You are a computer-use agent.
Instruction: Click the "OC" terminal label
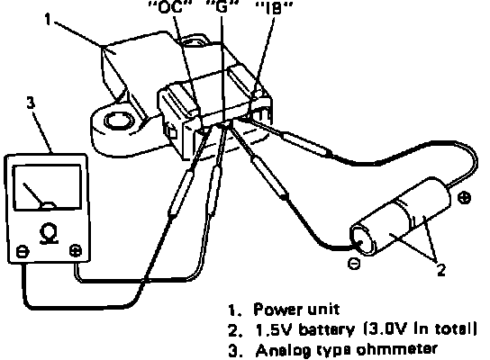point(169,7)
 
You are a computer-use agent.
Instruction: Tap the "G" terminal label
point(222,7)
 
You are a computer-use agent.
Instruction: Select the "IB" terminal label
point(274,9)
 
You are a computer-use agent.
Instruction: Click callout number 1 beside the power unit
point(48,20)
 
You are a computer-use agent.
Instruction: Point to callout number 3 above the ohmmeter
point(31,103)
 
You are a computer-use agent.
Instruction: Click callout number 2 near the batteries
point(441,270)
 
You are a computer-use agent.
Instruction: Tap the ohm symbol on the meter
point(49,233)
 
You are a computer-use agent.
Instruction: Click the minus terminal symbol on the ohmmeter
point(23,252)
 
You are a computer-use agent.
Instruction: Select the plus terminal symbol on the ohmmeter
point(76,250)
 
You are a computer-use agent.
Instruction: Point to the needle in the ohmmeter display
point(33,194)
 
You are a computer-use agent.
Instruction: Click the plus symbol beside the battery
point(464,198)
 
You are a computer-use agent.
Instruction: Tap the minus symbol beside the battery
point(354,264)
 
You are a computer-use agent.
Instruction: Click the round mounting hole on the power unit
point(117,121)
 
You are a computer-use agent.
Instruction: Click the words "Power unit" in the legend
point(296,309)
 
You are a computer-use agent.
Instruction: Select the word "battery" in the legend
point(327,329)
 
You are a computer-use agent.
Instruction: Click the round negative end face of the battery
point(362,239)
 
